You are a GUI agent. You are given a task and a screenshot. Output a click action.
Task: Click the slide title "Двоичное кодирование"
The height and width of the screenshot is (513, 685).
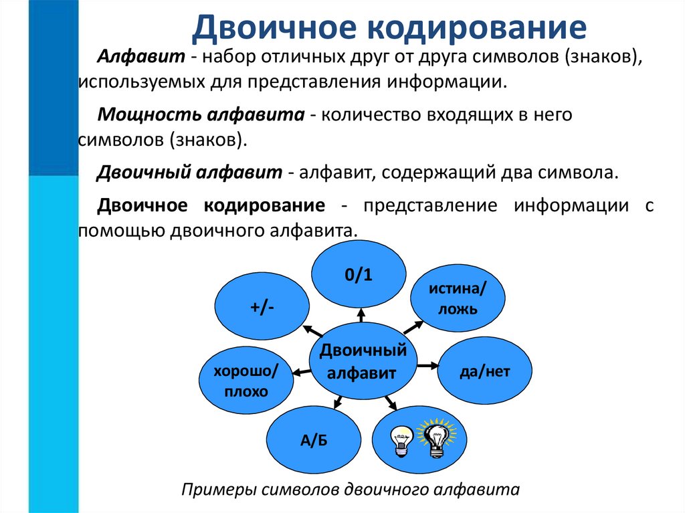(389, 28)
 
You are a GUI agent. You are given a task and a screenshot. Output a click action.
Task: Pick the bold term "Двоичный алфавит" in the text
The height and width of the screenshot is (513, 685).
(190, 172)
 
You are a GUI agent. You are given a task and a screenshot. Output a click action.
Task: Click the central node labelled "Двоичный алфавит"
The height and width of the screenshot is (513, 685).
(362, 361)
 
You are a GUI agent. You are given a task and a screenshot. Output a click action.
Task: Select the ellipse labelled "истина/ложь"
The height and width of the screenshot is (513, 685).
(457, 298)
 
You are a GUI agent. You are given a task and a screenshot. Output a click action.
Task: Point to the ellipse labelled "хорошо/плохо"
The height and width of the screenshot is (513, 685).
(246, 381)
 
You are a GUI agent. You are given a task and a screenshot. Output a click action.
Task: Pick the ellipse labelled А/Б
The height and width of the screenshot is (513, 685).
(312, 438)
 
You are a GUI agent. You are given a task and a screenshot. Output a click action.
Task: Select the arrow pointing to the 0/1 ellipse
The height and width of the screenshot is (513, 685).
(361, 314)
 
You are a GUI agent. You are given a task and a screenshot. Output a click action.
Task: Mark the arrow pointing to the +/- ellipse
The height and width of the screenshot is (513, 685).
(312, 330)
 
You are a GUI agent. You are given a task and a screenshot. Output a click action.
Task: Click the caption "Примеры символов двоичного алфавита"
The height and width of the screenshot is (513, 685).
(350, 489)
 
